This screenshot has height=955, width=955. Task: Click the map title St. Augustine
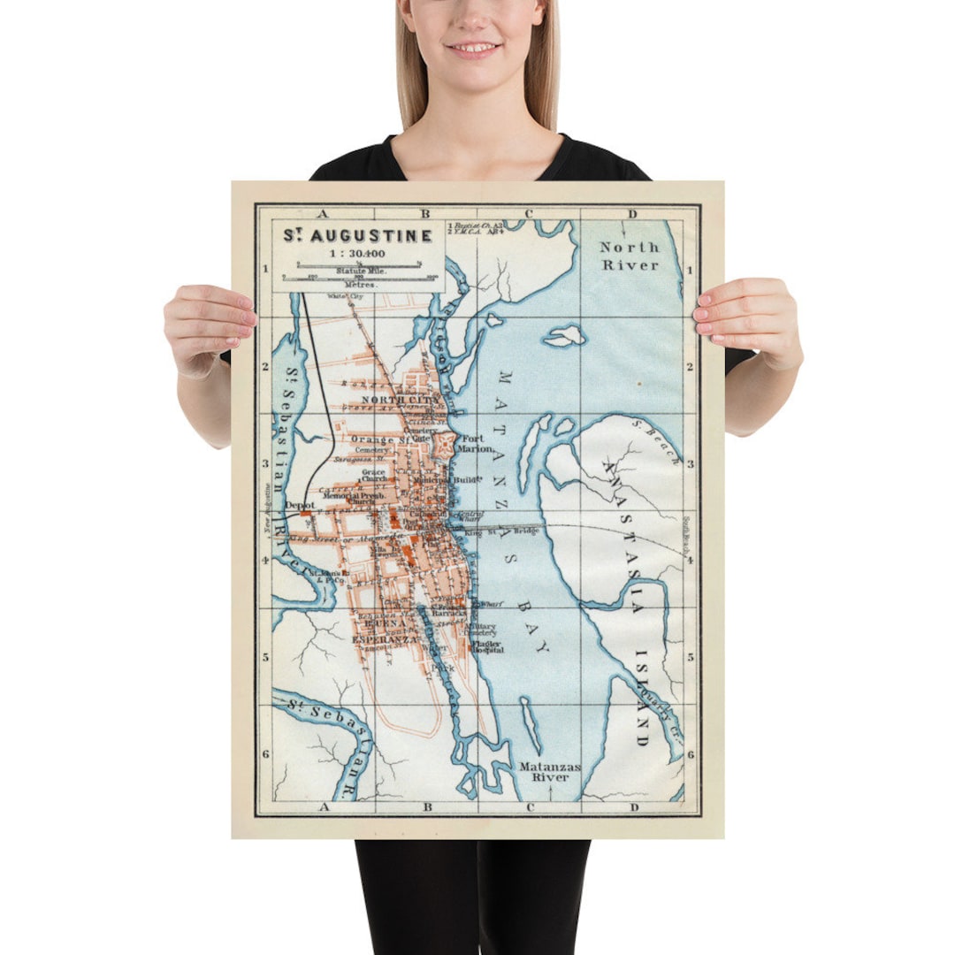(x=357, y=236)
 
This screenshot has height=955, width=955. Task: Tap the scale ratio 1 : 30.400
(x=357, y=252)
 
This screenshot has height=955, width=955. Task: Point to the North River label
(x=630, y=256)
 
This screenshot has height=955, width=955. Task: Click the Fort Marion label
(x=472, y=443)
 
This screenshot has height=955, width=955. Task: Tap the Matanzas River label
(x=549, y=772)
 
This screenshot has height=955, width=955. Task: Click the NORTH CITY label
(x=394, y=400)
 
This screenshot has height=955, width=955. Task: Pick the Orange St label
(x=378, y=439)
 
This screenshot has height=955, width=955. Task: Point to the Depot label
(x=301, y=505)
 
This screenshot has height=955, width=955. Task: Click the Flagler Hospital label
(x=487, y=646)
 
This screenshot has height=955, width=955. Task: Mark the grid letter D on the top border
(x=632, y=213)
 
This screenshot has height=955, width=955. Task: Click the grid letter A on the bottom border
(x=324, y=806)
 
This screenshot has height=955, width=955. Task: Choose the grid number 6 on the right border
(x=691, y=754)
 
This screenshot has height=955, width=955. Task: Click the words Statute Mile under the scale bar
(x=359, y=271)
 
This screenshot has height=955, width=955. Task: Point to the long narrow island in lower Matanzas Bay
(x=531, y=723)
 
